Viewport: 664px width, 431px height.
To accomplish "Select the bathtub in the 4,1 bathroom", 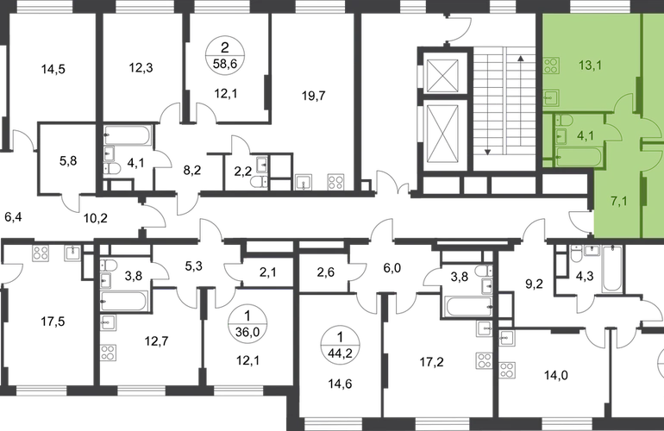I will (x=573, y=158).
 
